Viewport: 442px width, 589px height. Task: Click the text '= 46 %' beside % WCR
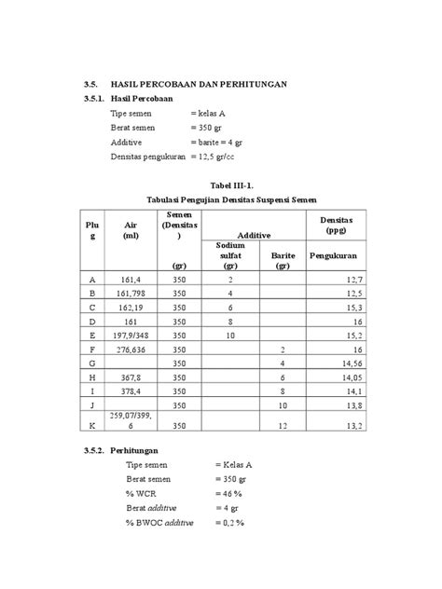[229, 493]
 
